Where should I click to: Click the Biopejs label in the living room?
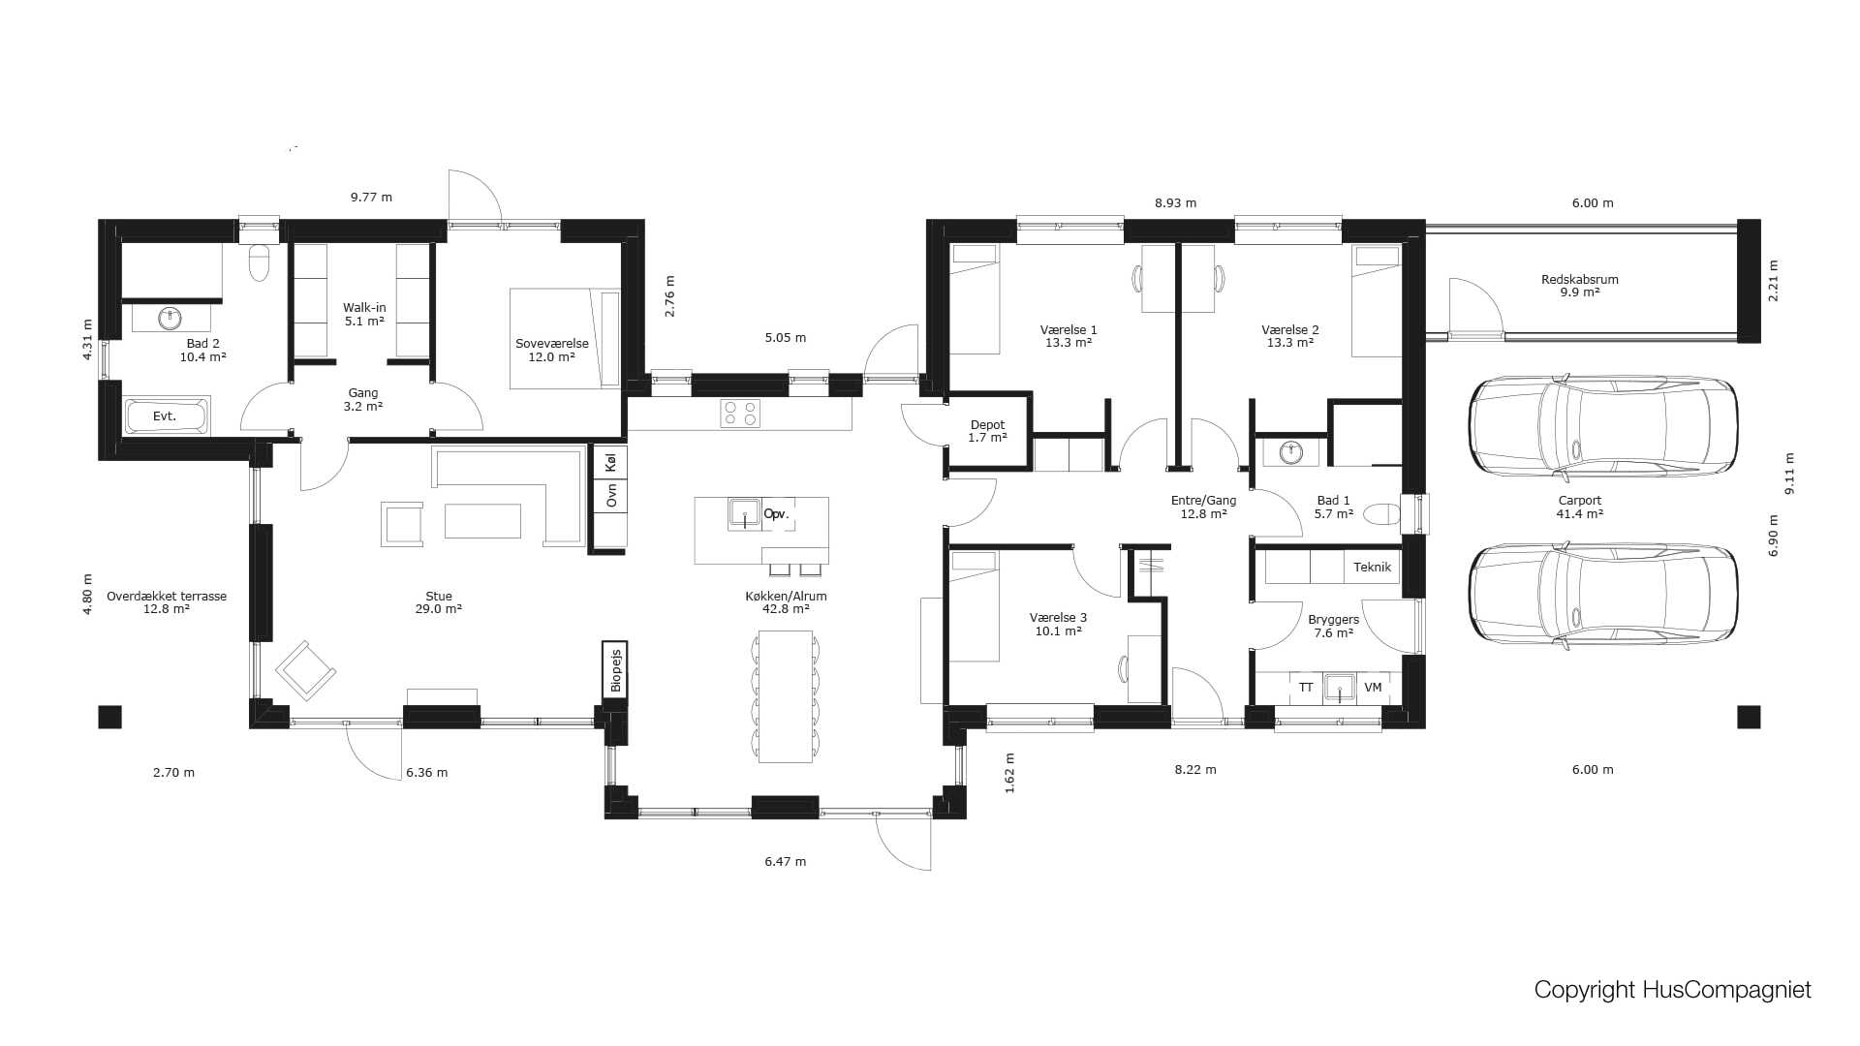(x=615, y=669)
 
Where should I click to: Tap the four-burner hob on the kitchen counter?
(x=740, y=414)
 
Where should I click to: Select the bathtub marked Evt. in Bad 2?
(x=166, y=416)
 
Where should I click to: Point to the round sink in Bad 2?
(x=171, y=318)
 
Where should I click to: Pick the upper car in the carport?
(x=1603, y=427)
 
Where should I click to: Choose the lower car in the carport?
(x=1603, y=594)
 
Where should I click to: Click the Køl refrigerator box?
(x=610, y=463)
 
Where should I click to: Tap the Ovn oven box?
(x=610, y=496)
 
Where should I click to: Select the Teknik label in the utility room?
(x=1372, y=568)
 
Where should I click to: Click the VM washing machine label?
(x=1373, y=688)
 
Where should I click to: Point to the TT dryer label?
(x=1306, y=688)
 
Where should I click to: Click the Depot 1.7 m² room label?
(x=987, y=431)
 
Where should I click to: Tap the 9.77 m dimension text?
(x=371, y=197)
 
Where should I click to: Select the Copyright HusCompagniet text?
(x=1672, y=990)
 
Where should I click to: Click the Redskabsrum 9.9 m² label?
(x=1579, y=286)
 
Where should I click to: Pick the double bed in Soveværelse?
(x=565, y=339)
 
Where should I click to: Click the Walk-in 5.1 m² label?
(x=364, y=314)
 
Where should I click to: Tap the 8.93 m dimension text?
(x=1175, y=203)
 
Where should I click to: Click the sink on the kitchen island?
(x=744, y=513)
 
